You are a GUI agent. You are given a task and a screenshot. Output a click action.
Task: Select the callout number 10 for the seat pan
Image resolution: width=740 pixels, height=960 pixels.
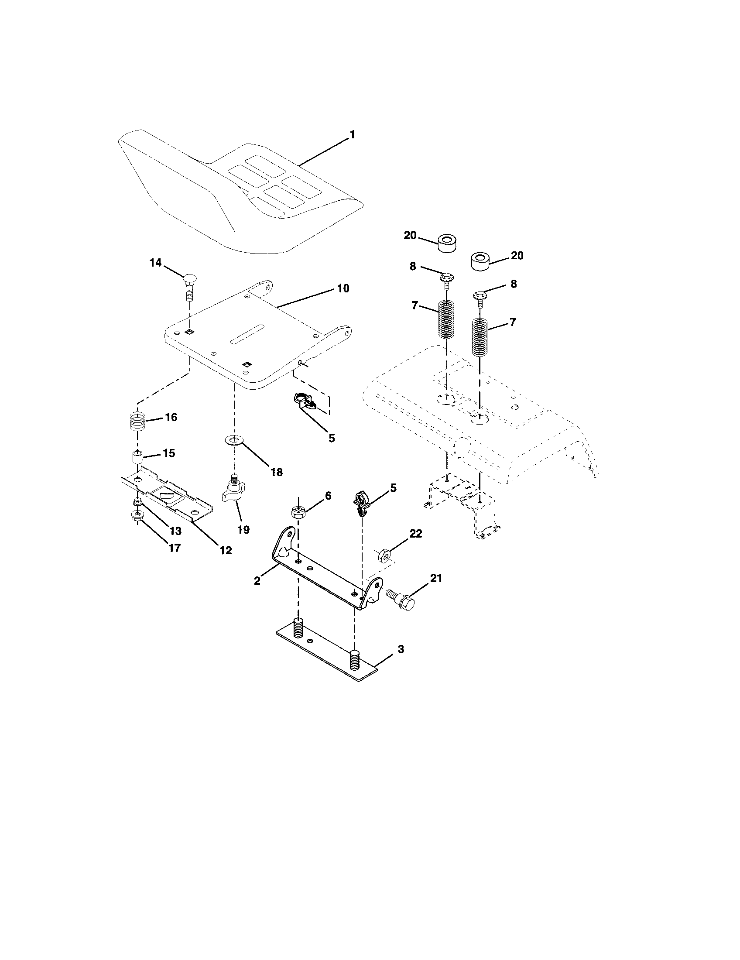point(343,288)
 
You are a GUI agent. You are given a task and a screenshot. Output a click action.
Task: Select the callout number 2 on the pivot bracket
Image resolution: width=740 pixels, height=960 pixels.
point(257,580)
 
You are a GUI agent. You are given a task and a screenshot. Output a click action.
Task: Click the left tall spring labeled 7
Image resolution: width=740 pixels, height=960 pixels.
point(446,319)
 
